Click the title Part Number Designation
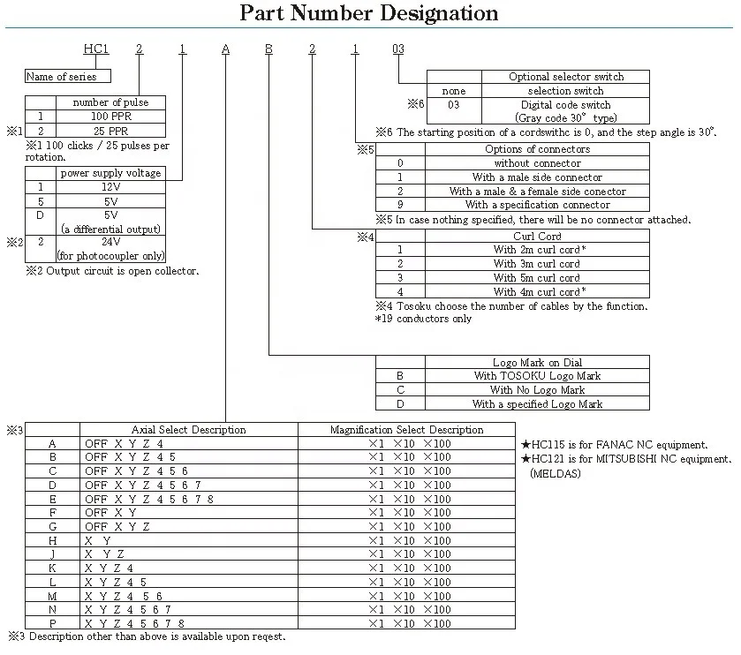[x=369, y=13]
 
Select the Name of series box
[x=61, y=77]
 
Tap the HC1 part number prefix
[x=96, y=49]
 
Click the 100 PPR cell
[x=111, y=116]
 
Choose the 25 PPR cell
[x=111, y=130]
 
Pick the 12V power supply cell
[x=111, y=187]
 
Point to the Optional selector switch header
[x=566, y=77]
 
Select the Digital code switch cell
[x=566, y=105]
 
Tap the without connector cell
[x=537, y=163]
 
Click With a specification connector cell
[x=537, y=205]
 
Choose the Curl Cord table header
[x=537, y=237]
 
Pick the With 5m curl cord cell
[x=537, y=278]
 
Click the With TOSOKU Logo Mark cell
[x=537, y=376]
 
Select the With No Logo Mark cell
[x=537, y=390]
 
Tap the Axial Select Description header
[x=189, y=430]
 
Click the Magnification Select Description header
[x=407, y=430]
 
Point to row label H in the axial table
[x=53, y=540]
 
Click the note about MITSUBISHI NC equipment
[x=627, y=460]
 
